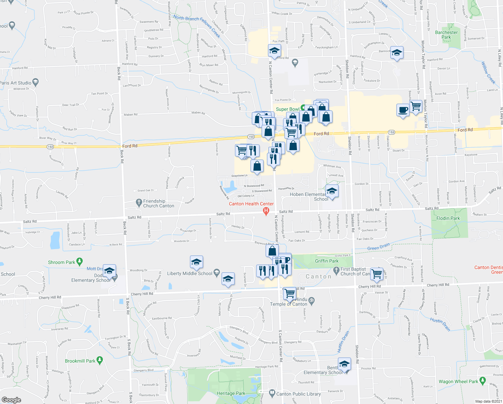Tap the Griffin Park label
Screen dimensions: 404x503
coord(326,261)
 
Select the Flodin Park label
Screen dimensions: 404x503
coord(448,218)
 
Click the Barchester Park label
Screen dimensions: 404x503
coord(446,35)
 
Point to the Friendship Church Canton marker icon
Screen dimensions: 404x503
coord(139,203)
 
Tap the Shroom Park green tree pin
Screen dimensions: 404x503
coord(79,261)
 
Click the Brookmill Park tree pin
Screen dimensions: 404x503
coord(100,360)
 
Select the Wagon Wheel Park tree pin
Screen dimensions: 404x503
coord(483,380)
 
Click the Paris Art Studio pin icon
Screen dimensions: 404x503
coord(36,82)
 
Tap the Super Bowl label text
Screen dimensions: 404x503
coord(287,109)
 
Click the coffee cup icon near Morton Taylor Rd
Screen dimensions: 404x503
coord(403,110)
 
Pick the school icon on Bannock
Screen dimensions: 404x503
coord(397,53)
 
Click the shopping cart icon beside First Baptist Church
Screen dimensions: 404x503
coord(377,273)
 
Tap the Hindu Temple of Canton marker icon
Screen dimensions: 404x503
coord(311,300)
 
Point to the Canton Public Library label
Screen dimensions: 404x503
coord(298,394)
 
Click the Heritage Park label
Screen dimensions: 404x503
coord(231,393)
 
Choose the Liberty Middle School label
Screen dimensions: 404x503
coord(190,273)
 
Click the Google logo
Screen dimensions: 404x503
coord(11,400)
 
